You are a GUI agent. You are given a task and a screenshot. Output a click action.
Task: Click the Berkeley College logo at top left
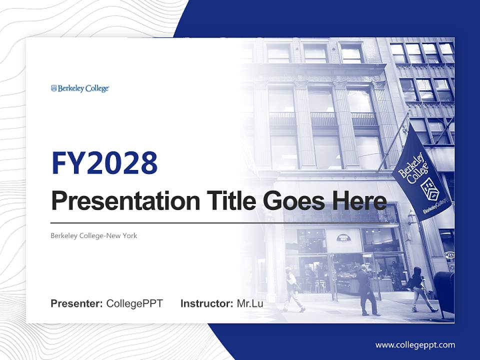click(x=80, y=88)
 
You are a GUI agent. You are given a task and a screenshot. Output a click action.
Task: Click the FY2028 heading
click(x=104, y=163)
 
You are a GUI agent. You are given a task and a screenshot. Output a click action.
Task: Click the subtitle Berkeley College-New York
click(x=93, y=235)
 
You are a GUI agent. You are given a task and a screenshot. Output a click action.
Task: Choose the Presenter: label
click(x=77, y=303)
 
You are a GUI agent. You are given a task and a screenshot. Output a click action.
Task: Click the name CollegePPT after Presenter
click(x=134, y=303)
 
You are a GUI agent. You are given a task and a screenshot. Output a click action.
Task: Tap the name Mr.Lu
click(x=250, y=303)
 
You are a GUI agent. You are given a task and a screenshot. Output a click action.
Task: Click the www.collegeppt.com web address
click(x=415, y=344)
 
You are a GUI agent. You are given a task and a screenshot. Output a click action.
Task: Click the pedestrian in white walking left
click(x=292, y=289)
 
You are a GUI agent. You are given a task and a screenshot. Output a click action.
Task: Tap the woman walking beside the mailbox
click(x=418, y=289)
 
